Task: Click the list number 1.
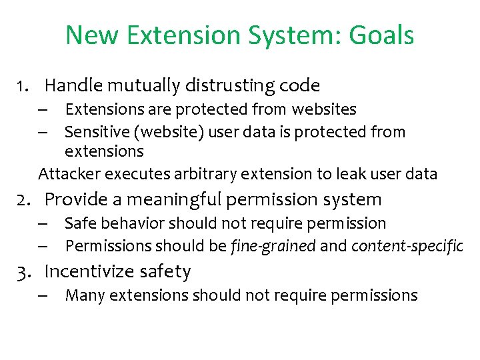pyautogui.click(x=25, y=86)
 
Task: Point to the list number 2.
pyautogui.click(x=25, y=199)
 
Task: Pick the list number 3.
pyautogui.click(x=25, y=272)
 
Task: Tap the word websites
pyautogui.click(x=323, y=109)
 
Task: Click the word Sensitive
pyautogui.click(x=95, y=132)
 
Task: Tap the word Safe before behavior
pyautogui.click(x=79, y=223)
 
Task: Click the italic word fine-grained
pyautogui.click(x=273, y=246)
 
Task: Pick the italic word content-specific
pyautogui.click(x=407, y=246)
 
